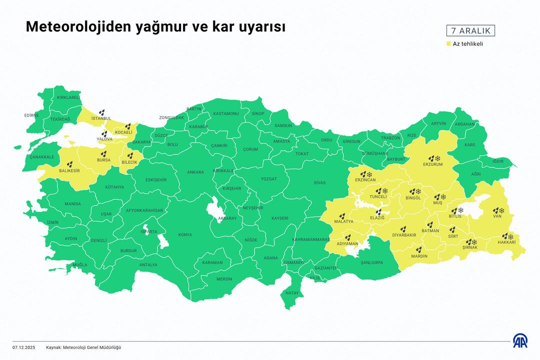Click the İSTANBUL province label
coord(101,118)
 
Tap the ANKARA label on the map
coord(195,172)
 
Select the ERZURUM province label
coord(433,164)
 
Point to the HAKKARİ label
coord(506,242)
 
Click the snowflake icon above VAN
coord(501,210)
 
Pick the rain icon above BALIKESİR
coord(70,164)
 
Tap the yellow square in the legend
coord(448,44)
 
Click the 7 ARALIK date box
coord(470,30)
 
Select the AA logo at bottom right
coord(519,340)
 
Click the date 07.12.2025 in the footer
coord(24,347)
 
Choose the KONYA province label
coord(185,235)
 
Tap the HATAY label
coord(291,292)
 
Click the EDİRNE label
coord(31,115)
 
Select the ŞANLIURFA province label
coord(371,261)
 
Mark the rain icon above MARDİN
coord(419,249)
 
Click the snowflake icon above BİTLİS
coord(460,210)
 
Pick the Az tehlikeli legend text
coord(468,44)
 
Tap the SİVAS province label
coord(319,183)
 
